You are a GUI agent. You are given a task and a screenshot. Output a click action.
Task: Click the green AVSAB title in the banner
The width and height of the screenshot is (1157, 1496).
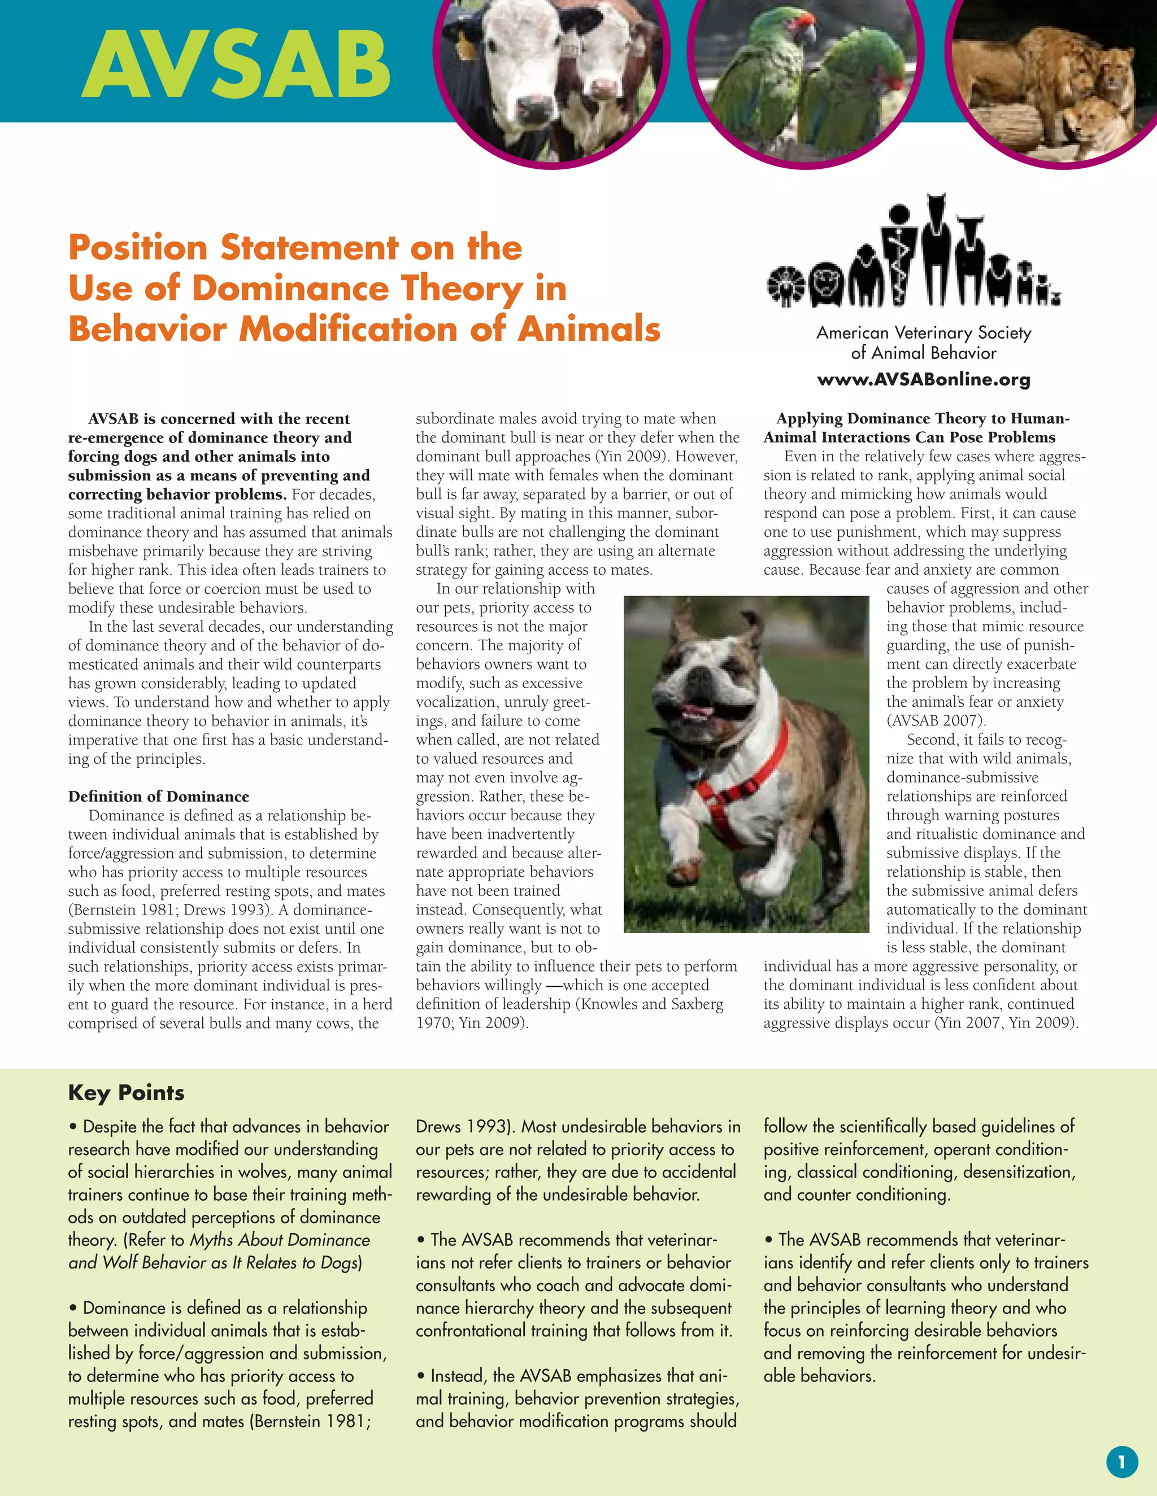237,65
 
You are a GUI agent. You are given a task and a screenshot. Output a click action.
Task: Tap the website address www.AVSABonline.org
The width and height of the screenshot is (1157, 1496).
923,379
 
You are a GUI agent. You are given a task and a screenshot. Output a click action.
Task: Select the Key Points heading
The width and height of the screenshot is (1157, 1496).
126,1092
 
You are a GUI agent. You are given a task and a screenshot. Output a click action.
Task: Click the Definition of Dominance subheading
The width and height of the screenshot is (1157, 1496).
158,797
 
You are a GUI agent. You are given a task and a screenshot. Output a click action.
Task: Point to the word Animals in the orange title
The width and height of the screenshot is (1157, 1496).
589,329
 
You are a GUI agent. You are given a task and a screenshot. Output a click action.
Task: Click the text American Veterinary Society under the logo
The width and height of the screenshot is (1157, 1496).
923,333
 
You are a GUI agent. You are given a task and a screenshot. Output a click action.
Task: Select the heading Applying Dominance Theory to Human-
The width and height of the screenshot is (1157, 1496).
923,418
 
